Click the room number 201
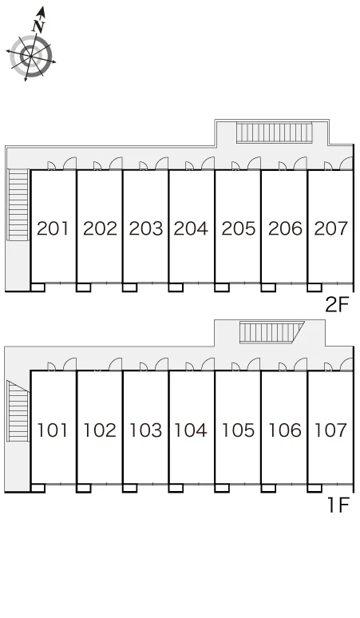coord(53,228)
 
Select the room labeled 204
coord(191,228)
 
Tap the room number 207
coord(330,228)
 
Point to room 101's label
coord(53,430)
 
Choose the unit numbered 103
coord(145,430)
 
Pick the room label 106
coord(284,430)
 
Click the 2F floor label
coord(338,305)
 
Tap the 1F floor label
coord(339,505)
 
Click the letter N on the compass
coord(38,26)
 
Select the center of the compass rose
coord(30,56)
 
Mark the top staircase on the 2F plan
coord(275,133)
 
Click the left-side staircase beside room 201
coord(18,205)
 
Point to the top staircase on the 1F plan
coord(271,332)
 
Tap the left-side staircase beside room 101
coord(18,410)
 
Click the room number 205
coord(238,228)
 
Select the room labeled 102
coord(99,430)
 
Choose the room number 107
coord(330,430)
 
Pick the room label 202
coord(100,228)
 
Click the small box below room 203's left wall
coord(129,287)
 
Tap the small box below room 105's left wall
coord(222,488)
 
